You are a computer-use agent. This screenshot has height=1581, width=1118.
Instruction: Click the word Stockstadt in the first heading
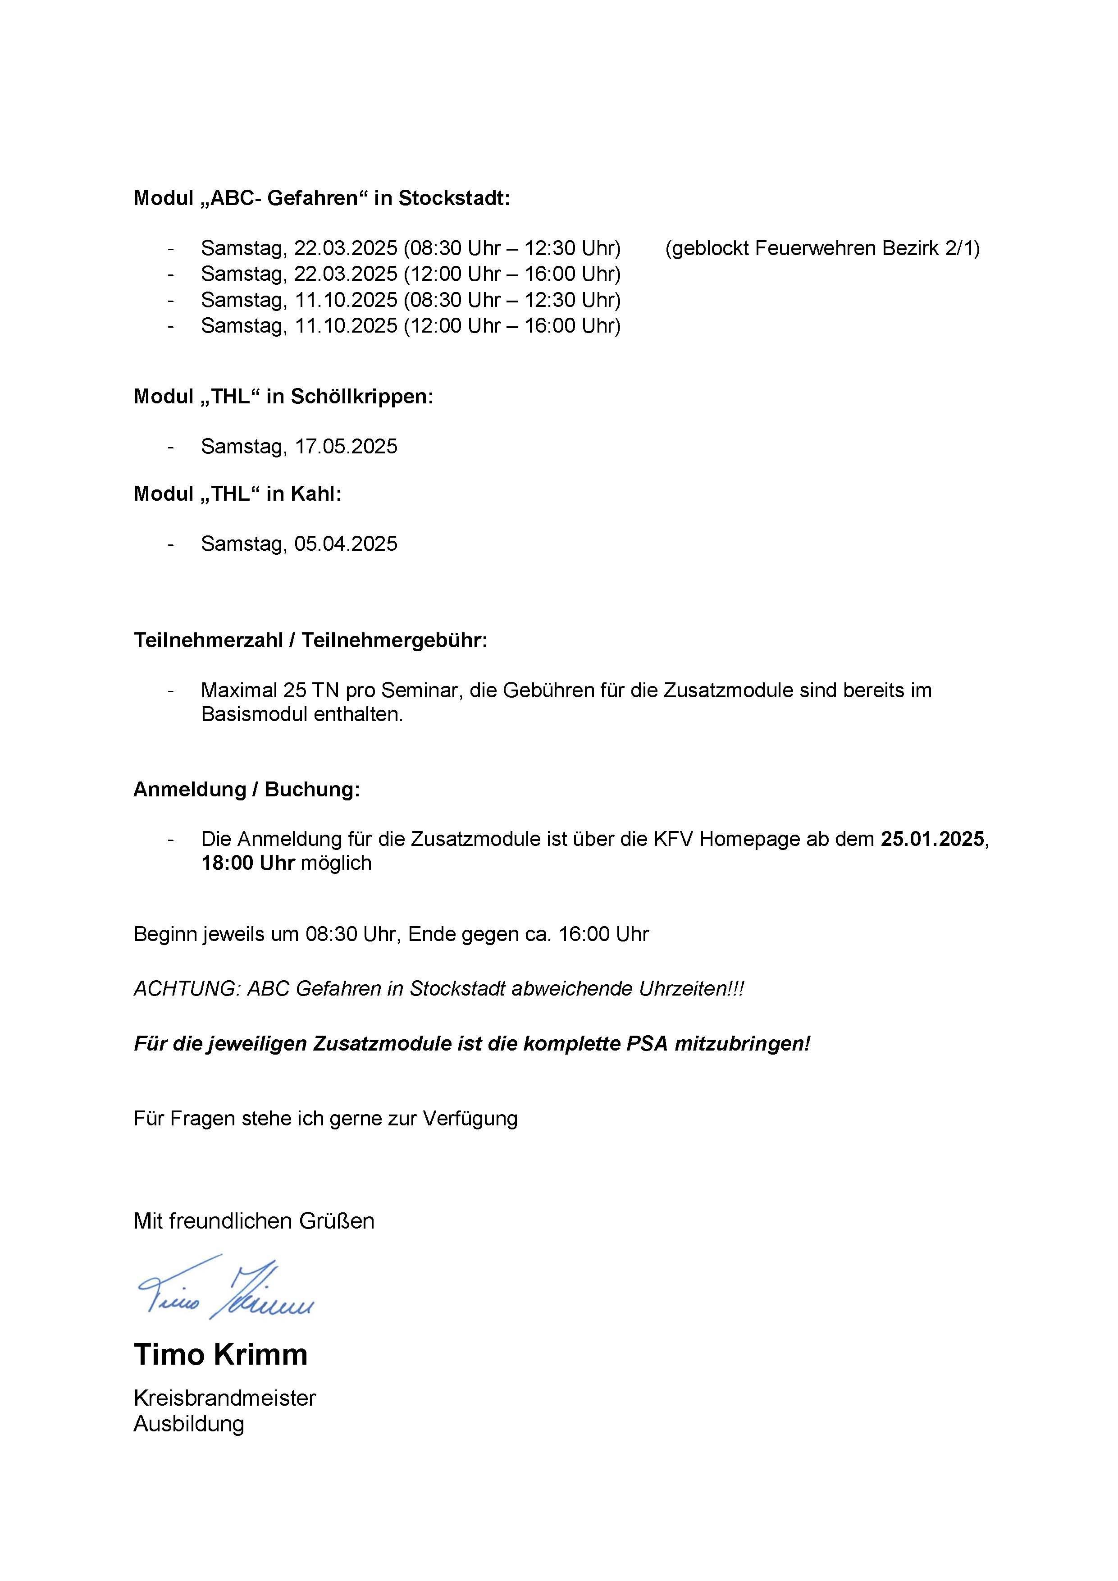click(453, 198)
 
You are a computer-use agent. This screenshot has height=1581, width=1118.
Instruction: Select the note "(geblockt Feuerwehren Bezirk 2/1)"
click(822, 248)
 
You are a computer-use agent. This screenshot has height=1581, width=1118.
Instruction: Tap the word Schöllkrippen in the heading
click(361, 397)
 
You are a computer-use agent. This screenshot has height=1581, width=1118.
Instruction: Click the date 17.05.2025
click(346, 446)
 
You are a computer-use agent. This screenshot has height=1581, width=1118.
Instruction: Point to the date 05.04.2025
click(346, 544)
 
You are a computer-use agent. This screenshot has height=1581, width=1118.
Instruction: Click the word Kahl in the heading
click(316, 493)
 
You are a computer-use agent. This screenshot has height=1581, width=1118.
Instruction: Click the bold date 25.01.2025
click(933, 839)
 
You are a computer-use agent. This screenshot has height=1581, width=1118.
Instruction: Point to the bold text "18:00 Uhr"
click(248, 863)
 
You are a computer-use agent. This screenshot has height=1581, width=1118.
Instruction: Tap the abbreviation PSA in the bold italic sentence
click(647, 1044)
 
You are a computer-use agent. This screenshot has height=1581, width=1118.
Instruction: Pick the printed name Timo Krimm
click(220, 1354)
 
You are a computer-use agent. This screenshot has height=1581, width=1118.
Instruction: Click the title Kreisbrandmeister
click(224, 1398)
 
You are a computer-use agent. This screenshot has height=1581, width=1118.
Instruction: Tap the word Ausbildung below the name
click(189, 1423)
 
